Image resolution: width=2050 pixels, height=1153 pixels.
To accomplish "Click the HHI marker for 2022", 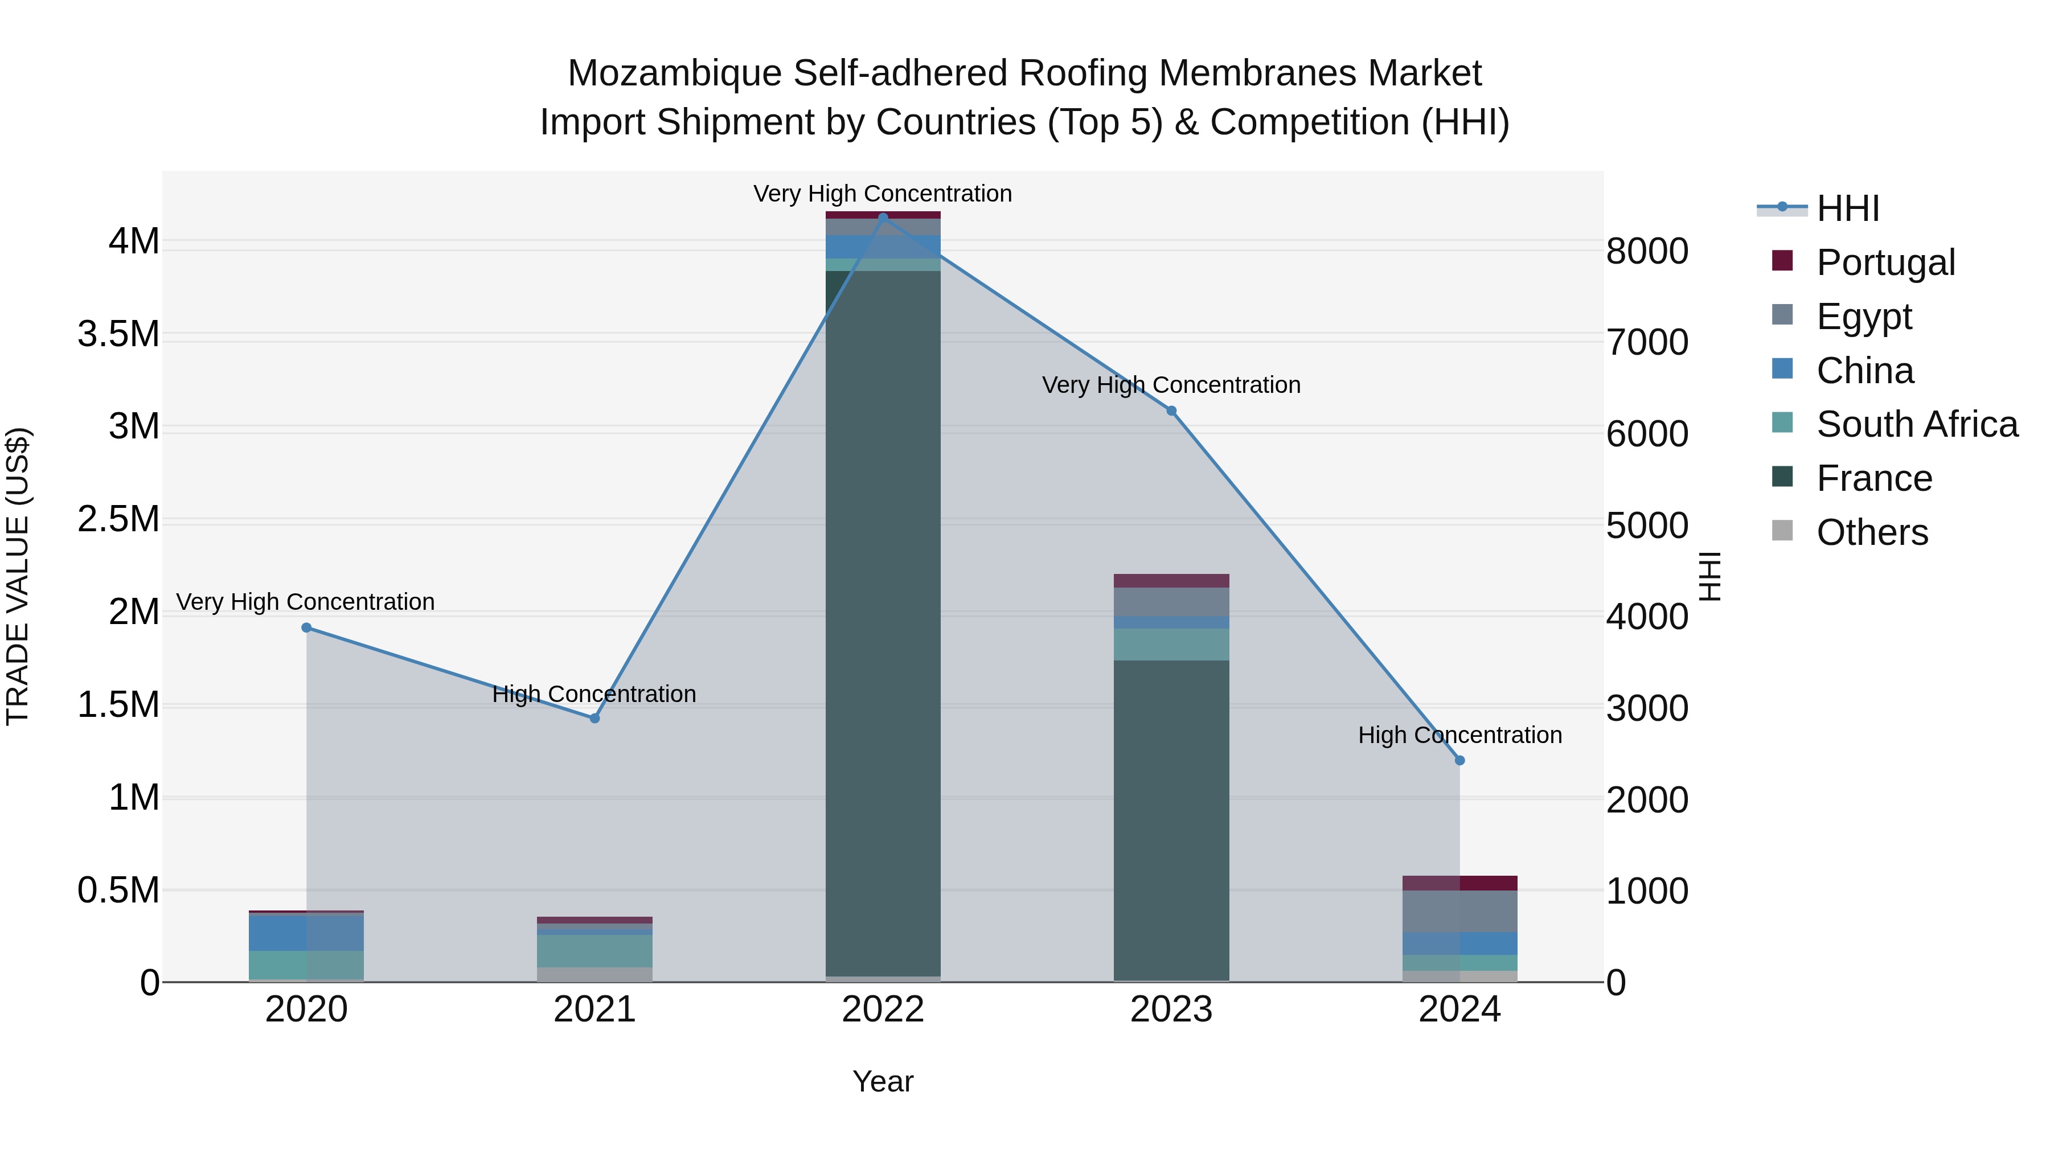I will pos(883,218).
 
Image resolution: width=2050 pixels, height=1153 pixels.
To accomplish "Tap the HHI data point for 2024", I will pos(1459,761).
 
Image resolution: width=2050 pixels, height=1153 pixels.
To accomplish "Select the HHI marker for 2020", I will pos(306,628).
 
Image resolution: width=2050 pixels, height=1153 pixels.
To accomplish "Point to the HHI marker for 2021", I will pos(594,719).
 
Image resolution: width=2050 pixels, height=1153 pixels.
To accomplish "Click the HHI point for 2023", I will pos(1171,411).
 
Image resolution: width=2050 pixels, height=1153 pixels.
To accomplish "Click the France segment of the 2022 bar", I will pos(883,621).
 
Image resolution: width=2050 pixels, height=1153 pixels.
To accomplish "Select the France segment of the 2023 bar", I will pos(1171,819).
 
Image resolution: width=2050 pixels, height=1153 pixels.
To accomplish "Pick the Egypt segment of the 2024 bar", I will pos(1459,911).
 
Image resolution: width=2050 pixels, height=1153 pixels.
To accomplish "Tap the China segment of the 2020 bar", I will pos(306,933).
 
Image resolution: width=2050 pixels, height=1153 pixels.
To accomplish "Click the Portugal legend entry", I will pos(1885,262).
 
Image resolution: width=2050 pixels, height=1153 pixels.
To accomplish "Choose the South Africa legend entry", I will pos(1916,424).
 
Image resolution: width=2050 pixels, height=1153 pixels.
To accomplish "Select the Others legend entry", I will pos(1872,532).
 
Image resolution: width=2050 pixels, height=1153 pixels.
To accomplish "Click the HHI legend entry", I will pos(1847,208).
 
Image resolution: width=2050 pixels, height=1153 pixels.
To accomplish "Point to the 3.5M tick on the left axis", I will pos(118,334).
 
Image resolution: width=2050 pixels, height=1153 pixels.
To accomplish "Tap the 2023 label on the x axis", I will pos(1171,1010).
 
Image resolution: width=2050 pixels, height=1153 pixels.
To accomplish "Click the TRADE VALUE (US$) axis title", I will pos(18,576).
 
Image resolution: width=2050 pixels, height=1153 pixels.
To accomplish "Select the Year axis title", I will pos(883,1081).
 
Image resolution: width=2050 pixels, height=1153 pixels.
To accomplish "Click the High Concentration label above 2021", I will pos(594,694).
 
